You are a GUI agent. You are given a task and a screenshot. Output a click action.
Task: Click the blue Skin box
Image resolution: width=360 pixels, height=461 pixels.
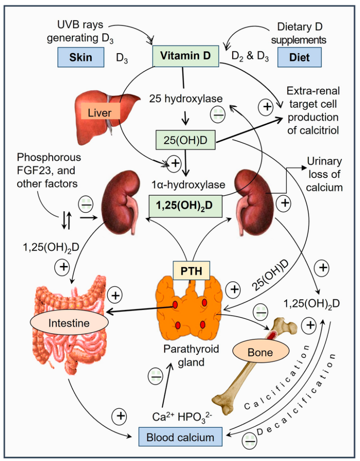81,57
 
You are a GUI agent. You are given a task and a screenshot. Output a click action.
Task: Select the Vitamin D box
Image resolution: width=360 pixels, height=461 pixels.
185,56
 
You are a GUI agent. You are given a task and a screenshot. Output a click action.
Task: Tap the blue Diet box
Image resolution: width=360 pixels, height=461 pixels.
299,57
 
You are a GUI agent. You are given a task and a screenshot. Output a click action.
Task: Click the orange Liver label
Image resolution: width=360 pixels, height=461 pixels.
99,113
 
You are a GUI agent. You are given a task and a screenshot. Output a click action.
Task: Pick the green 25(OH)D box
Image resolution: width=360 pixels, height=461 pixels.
185,140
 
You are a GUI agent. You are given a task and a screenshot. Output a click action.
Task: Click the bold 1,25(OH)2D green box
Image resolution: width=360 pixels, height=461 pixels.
185,206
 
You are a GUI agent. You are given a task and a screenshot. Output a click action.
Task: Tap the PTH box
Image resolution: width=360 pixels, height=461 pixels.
191,271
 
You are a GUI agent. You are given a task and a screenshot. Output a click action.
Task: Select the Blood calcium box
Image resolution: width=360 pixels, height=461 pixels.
180,437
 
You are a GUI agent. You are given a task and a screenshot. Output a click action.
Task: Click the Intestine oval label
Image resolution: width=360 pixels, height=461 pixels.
69,323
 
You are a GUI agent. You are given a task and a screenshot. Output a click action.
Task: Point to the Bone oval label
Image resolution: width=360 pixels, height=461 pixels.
261,352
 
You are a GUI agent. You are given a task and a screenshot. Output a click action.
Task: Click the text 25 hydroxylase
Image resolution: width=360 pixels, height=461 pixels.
186,99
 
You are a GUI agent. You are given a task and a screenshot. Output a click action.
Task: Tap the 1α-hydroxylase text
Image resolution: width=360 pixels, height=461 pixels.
189,185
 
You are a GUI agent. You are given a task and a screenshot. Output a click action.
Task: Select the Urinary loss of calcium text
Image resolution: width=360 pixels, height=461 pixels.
324,174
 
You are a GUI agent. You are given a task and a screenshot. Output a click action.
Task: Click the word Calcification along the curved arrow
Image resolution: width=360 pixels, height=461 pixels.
277,378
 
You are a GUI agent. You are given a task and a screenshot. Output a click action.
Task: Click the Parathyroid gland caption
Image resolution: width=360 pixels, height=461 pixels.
191,355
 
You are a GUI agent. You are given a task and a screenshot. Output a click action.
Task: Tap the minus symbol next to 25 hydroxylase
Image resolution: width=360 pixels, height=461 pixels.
218,114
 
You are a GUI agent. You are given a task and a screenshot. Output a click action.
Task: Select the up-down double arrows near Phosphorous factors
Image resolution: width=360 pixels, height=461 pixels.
67,221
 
